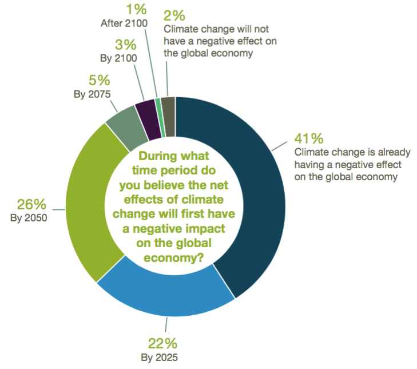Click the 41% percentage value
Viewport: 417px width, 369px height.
click(308, 139)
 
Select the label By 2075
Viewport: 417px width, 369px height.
click(91, 94)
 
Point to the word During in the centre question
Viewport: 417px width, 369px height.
click(157, 156)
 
